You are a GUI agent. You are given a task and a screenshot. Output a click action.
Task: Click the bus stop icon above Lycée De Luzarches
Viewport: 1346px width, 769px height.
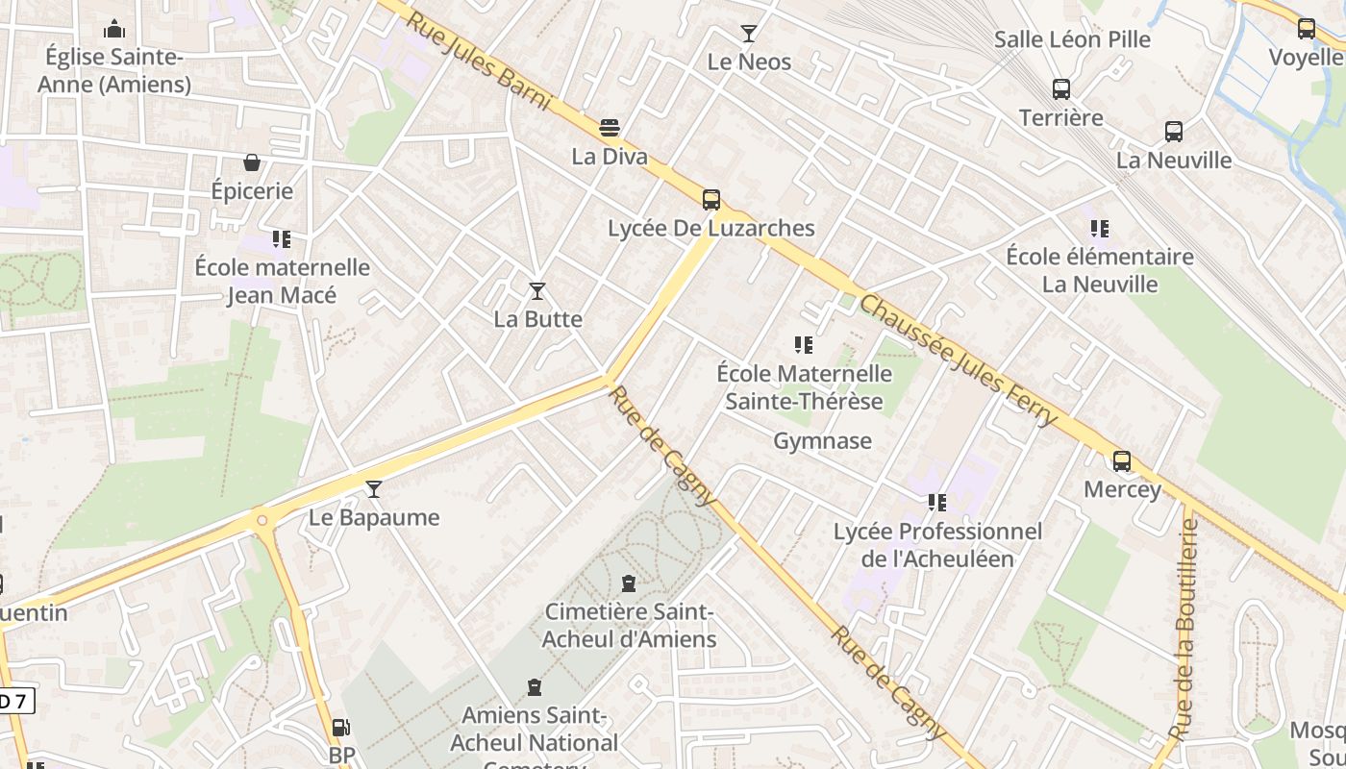click(x=710, y=199)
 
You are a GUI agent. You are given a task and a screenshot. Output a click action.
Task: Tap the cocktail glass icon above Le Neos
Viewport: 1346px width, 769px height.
click(x=748, y=34)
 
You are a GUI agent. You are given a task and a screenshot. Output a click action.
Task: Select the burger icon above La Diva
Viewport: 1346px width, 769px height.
click(x=609, y=128)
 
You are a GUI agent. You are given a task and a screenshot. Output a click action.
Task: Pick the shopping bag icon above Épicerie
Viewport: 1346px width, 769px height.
click(x=252, y=162)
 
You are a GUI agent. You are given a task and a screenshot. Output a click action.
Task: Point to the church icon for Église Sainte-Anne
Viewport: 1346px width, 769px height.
click(x=114, y=29)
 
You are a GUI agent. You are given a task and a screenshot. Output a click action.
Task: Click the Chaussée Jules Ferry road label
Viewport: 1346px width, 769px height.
click(x=958, y=360)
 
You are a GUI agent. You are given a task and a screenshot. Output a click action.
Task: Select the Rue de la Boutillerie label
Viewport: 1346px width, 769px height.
click(x=1186, y=630)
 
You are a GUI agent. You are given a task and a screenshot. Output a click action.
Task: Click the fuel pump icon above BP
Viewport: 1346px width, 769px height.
click(x=340, y=729)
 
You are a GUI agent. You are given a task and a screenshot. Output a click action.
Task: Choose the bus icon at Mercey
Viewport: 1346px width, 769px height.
click(x=1121, y=460)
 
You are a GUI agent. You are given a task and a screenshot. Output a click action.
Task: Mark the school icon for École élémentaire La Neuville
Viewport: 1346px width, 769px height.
click(x=1099, y=229)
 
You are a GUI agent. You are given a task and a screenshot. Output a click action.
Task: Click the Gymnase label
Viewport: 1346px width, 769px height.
click(x=822, y=441)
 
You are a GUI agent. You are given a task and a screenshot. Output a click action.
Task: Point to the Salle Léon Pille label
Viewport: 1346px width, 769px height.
click(x=1072, y=39)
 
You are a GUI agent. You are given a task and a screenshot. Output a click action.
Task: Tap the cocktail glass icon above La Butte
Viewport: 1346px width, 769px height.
click(x=537, y=290)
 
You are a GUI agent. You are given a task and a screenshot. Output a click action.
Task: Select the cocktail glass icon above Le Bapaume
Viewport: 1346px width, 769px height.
click(x=374, y=489)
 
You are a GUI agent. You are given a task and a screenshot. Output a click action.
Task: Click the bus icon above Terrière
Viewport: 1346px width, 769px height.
click(x=1060, y=89)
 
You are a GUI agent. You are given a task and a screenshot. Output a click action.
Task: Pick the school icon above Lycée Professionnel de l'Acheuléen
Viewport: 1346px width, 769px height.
click(x=936, y=503)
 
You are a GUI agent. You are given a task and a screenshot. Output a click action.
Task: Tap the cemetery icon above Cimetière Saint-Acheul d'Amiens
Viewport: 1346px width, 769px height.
click(x=628, y=583)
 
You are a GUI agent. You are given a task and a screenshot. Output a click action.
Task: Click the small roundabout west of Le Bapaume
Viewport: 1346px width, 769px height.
click(x=262, y=520)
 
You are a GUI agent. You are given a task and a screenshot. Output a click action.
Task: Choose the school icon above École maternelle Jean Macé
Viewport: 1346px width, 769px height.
click(x=281, y=238)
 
